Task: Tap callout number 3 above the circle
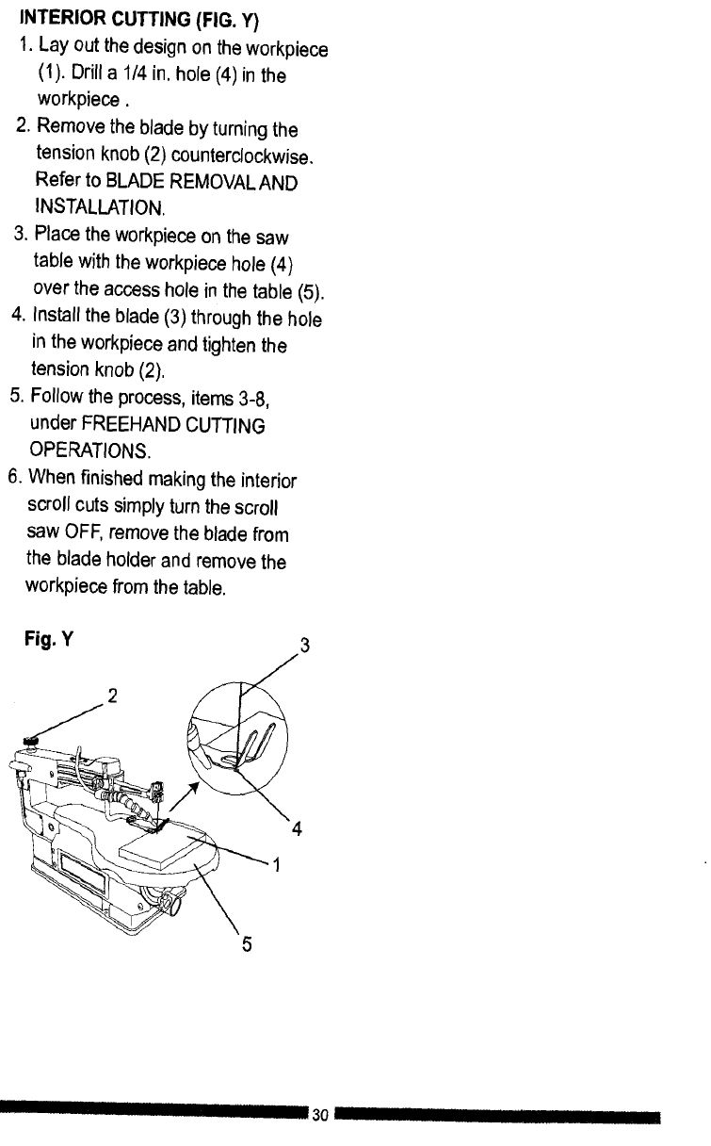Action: tap(304, 647)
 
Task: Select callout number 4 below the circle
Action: tap(297, 830)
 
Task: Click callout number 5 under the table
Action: tap(246, 944)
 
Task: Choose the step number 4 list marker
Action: tap(16, 319)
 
